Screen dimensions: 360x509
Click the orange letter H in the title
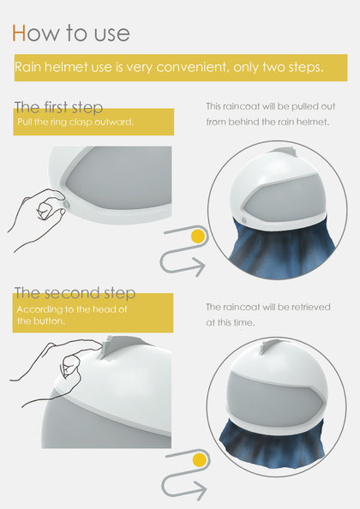pos(19,33)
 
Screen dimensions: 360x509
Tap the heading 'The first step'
pos(59,107)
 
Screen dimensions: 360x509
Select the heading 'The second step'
pos(75,293)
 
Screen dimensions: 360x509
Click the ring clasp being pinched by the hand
pos(67,205)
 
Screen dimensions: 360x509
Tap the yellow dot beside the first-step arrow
pos(198,237)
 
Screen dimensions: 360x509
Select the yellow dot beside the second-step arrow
pos(200,460)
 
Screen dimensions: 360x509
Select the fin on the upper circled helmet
pos(285,152)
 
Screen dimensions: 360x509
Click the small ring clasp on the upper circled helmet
pos(244,221)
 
